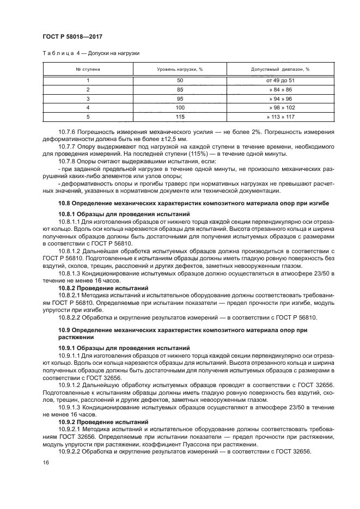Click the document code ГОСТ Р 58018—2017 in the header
[x=72, y=36]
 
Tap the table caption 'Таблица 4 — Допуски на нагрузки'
[x=91, y=53]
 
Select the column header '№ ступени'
[x=88, y=70]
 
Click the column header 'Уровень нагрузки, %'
[x=180, y=70]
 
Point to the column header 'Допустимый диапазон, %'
[x=280, y=70]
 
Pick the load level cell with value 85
[x=180, y=89]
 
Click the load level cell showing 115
[x=180, y=117]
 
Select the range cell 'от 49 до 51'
[x=280, y=80]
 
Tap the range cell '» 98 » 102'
[x=280, y=108]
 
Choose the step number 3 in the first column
[x=88, y=99]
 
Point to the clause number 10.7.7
[x=68, y=146]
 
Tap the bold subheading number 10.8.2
[x=70, y=287]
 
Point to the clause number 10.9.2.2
[x=71, y=451]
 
